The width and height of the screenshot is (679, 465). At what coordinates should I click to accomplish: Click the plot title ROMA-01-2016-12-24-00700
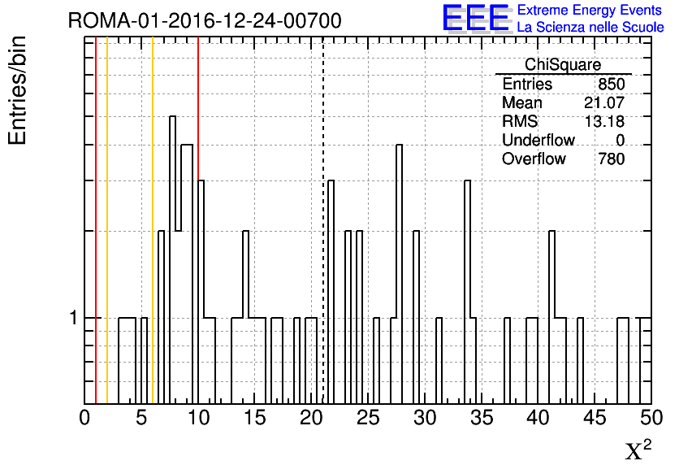205,20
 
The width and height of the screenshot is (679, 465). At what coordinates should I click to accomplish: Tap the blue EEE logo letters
476,18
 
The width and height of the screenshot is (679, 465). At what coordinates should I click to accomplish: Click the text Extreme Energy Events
590,10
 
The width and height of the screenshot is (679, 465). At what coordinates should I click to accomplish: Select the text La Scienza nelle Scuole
590,27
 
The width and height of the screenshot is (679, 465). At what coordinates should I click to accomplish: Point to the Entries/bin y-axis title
18,90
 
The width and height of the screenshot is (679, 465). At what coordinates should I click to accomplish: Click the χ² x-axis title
638,450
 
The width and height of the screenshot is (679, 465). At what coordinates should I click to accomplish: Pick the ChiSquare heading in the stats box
563,64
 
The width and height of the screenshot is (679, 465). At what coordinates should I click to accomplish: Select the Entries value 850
612,84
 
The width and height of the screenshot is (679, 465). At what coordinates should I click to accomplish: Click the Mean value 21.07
604,102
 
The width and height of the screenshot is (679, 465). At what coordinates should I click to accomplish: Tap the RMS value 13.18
604,121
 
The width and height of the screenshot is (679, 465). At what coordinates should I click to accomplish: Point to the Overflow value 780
612,159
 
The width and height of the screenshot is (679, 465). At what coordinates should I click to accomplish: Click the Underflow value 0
621,141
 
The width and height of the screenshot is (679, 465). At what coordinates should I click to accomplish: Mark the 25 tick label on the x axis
368,418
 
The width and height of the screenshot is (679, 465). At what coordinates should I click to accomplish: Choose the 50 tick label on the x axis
651,418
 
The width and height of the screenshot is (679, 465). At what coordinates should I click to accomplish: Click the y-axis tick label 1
74,318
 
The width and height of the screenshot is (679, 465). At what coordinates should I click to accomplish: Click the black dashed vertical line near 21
323,220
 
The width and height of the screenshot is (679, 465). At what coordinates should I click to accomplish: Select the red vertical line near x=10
198,109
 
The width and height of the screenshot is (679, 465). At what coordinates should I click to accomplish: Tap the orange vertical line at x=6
153,220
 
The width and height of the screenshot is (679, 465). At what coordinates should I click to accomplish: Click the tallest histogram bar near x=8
172,260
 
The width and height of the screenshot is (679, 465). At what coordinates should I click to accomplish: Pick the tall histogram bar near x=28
400,274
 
